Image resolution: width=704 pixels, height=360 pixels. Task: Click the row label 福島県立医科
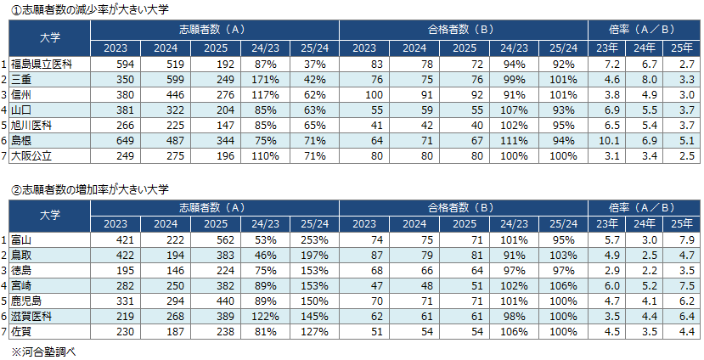[x=40, y=65]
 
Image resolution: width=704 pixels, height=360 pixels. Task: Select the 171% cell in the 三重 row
[x=264, y=80]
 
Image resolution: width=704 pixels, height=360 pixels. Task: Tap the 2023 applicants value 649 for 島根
[x=115, y=141]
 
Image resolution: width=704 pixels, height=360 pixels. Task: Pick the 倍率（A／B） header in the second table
[x=644, y=206]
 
